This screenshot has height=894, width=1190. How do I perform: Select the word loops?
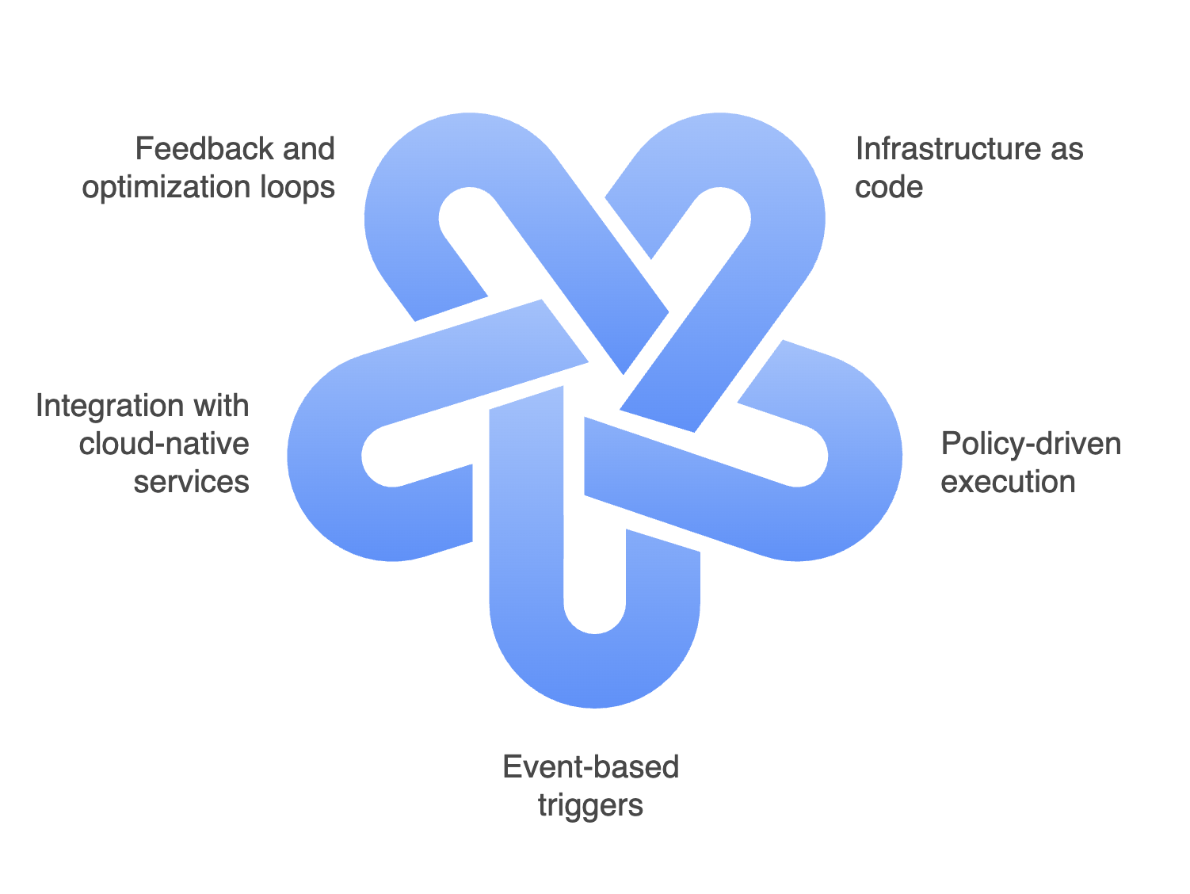pos(298,188)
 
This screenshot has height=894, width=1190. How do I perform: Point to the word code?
pos(889,188)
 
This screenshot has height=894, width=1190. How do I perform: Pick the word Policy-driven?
pos(1031,444)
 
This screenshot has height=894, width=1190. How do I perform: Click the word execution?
pos(1008,482)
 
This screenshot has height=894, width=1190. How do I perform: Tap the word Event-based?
pos(591,767)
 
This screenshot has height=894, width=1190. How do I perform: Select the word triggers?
pos(590,805)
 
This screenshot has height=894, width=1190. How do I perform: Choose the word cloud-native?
pos(164,444)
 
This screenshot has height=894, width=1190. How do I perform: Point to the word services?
pos(191,482)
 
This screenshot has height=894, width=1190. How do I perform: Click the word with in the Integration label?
pos(223,406)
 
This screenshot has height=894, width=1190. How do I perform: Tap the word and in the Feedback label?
pos(307,149)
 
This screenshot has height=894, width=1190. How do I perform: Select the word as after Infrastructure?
pos(1066,149)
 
